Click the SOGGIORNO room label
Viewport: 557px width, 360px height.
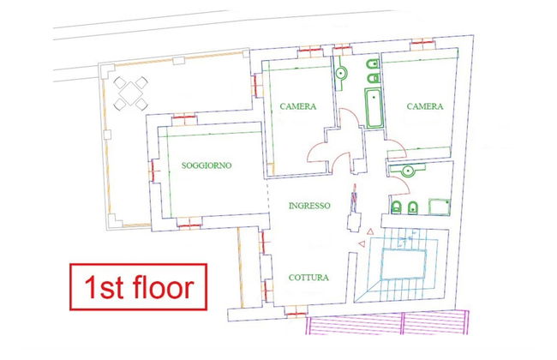point(207,165)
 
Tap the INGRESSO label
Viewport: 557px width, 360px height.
point(309,206)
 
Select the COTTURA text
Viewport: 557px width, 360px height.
point(308,278)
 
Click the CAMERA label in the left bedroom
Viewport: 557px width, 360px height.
point(297,106)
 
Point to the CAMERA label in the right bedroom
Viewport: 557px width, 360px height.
point(425,106)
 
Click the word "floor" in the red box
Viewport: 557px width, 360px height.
point(164,287)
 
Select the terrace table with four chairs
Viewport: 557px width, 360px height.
point(131,93)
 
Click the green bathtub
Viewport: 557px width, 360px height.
point(374,108)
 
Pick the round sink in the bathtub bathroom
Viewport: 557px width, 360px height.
point(341,74)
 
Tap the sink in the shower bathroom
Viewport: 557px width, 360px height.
point(408,171)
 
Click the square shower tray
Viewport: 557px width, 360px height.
point(439,207)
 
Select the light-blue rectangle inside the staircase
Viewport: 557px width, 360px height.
point(404,264)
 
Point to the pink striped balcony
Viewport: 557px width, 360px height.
point(387,322)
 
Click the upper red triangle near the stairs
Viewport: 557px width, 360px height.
point(370,231)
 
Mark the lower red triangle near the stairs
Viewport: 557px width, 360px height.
point(362,243)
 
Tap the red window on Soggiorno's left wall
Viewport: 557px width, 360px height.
point(153,171)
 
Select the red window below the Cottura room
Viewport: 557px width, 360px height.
point(296,315)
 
